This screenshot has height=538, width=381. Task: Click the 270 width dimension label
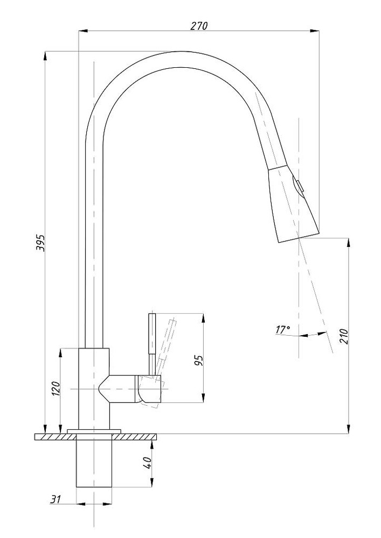click(x=199, y=26)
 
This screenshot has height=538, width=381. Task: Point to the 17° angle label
click(x=283, y=329)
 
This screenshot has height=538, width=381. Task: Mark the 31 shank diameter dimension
click(x=54, y=499)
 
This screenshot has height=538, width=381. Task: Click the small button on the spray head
click(x=298, y=186)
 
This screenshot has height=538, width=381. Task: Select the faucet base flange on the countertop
click(x=94, y=430)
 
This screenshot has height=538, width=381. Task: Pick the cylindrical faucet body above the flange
click(x=94, y=387)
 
